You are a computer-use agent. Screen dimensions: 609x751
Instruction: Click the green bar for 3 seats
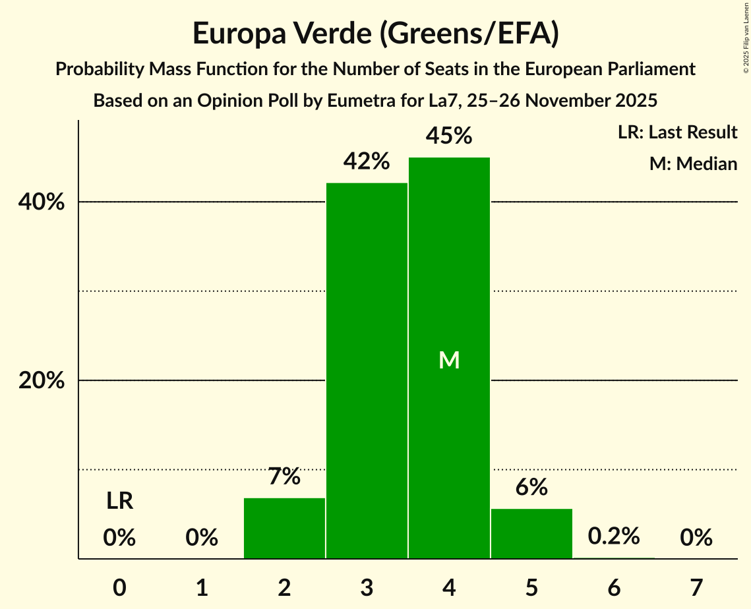click(x=367, y=370)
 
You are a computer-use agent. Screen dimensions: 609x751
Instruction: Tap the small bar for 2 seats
click(x=284, y=528)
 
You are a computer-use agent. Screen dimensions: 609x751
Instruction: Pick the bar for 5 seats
click(x=531, y=533)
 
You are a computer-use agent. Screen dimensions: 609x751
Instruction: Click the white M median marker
click(x=449, y=360)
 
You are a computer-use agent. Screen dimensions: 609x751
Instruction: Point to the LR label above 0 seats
click(x=119, y=502)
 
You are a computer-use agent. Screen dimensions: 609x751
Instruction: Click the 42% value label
click(x=367, y=161)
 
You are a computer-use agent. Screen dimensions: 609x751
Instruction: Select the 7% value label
click(x=284, y=476)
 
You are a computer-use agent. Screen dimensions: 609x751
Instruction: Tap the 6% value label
click(x=531, y=487)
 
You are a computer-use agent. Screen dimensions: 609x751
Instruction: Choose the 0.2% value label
click(x=614, y=536)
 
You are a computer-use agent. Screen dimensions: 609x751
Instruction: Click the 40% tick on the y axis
click(x=42, y=202)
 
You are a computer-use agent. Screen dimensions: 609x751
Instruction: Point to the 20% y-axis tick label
click(x=42, y=381)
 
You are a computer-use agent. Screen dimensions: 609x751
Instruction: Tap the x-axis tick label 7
click(x=696, y=587)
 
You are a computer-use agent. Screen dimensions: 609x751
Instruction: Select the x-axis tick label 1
click(x=202, y=587)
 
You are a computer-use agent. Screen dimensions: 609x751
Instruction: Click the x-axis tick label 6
click(x=614, y=587)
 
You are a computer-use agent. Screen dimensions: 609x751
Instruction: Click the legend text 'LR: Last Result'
click(x=677, y=132)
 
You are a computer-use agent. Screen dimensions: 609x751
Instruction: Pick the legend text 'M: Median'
click(x=693, y=163)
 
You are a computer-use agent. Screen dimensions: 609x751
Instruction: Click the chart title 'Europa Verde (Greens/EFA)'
click(x=375, y=34)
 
